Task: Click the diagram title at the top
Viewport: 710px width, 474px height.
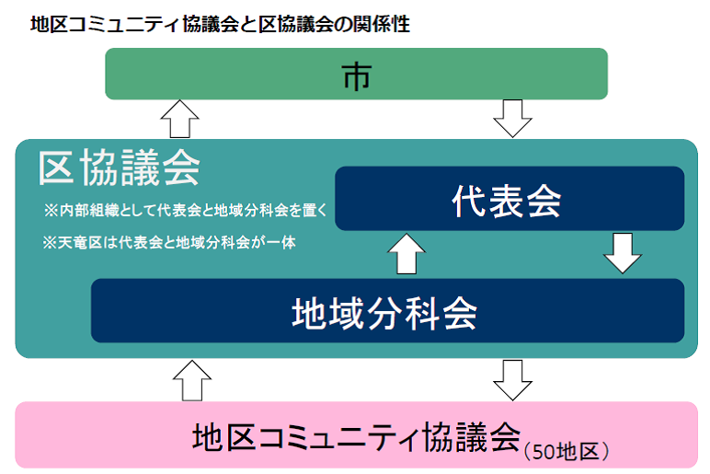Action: point(220,25)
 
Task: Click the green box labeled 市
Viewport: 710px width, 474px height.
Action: point(356,74)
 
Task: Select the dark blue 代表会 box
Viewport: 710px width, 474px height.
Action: point(509,199)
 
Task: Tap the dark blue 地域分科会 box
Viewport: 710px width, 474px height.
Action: point(386,311)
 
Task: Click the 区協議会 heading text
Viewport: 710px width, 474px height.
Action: point(120,168)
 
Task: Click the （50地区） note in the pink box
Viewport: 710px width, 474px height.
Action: point(567,450)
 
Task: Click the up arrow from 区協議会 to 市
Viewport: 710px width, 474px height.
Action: point(179,119)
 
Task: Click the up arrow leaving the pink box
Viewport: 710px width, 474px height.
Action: point(191,379)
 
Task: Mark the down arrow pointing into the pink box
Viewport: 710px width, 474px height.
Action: point(512,379)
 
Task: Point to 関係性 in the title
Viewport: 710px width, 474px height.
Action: point(382,25)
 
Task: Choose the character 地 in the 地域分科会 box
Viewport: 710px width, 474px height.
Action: point(308,312)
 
